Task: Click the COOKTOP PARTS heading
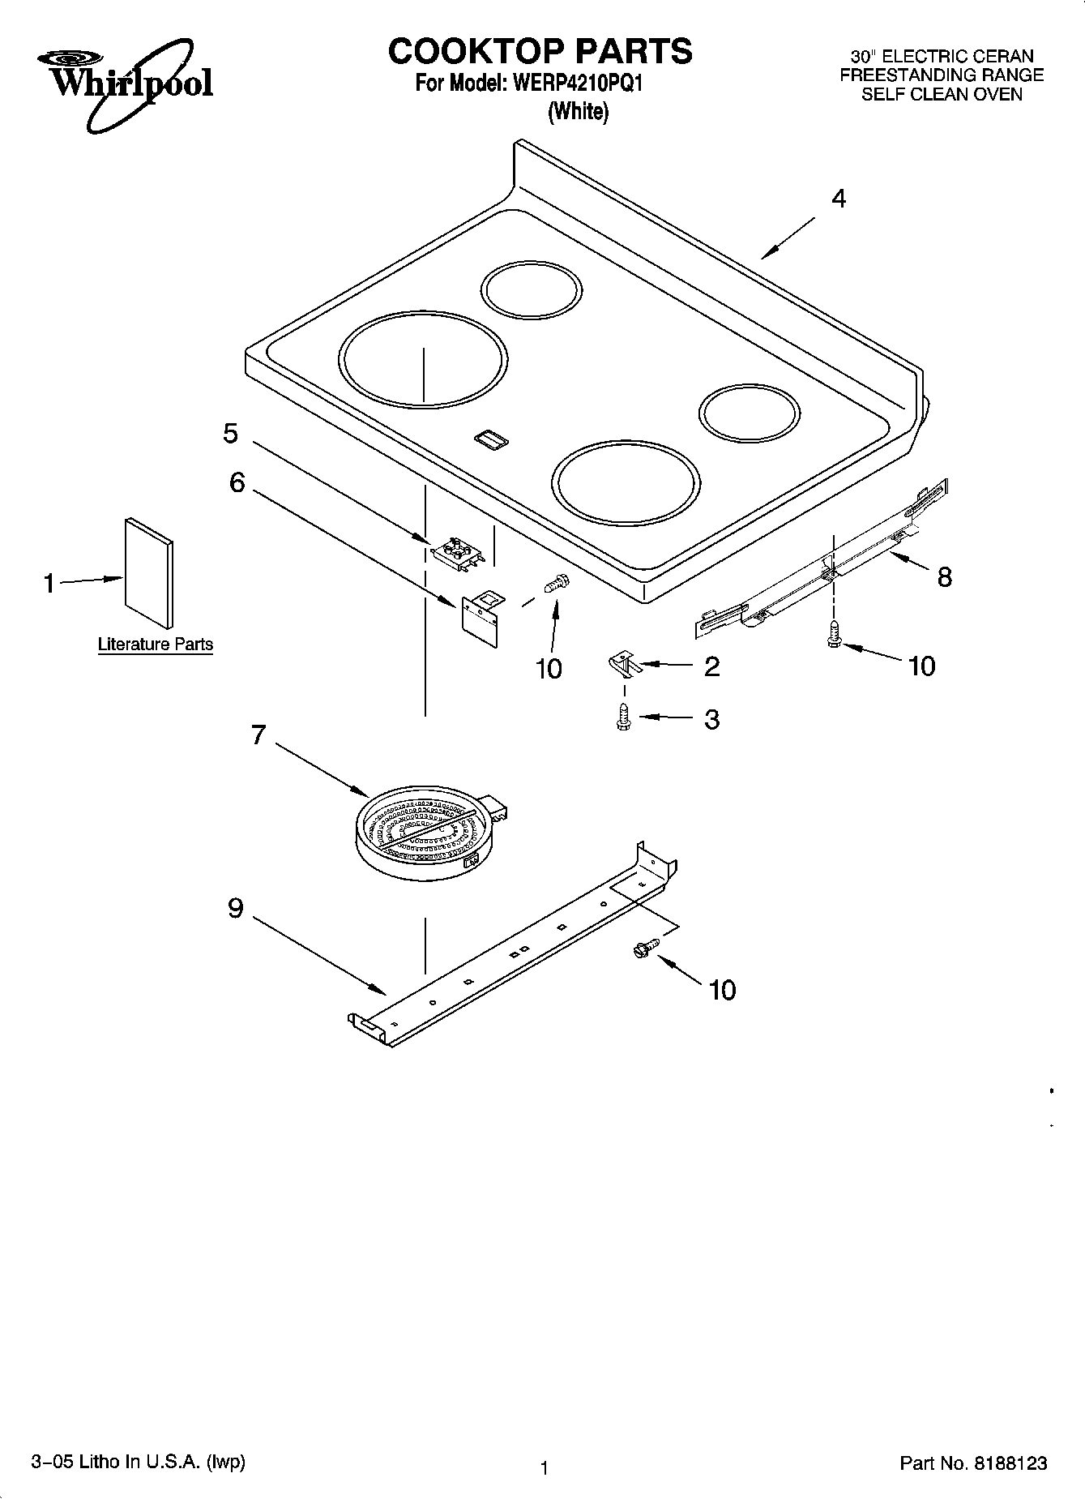[x=540, y=51]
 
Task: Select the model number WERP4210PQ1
[x=575, y=84]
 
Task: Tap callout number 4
[x=839, y=199]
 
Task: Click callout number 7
[x=258, y=735]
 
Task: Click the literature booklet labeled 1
[x=148, y=573]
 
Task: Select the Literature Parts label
[x=155, y=645]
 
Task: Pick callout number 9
[x=235, y=908]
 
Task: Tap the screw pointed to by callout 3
[x=623, y=717]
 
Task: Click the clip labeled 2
[x=623, y=664]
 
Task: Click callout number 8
[x=944, y=577]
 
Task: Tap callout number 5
[x=231, y=434]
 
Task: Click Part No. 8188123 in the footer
[x=973, y=1463]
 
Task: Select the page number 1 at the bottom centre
[x=545, y=1467]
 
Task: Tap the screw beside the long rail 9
[x=647, y=946]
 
